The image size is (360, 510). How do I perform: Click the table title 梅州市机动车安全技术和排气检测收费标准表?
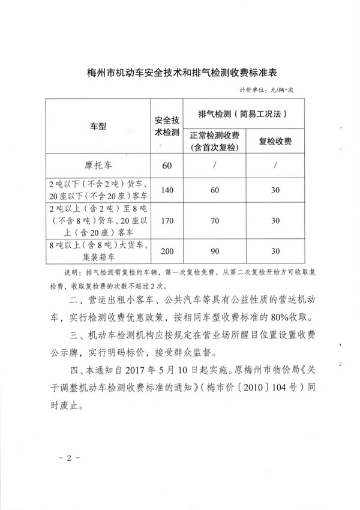click(180, 73)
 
